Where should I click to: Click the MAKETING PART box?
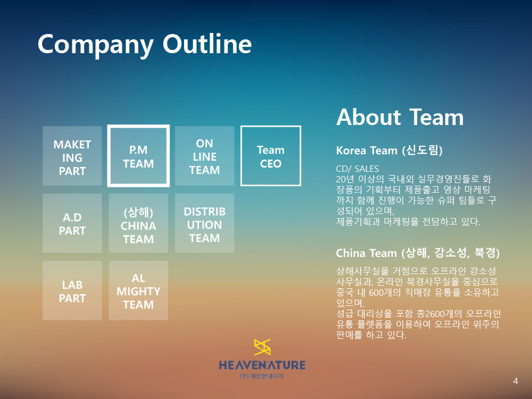point(72,156)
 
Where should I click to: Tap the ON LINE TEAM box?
point(205,156)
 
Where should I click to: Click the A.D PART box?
point(72,223)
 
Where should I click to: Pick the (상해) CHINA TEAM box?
point(138,223)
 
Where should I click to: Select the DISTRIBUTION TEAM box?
point(205,223)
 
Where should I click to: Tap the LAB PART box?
point(72,290)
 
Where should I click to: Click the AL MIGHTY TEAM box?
point(138,290)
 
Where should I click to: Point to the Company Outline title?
point(145,45)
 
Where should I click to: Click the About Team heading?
point(400,117)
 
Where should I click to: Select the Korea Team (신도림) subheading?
point(389,150)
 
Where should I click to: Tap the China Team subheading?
point(418,253)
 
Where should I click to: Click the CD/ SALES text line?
point(358,169)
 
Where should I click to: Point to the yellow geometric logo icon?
point(262,347)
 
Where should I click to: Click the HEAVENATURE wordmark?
point(262,365)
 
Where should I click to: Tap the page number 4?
point(516,381)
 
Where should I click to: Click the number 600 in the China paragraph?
point(376,292)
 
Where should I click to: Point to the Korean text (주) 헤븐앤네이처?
point(262,376)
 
